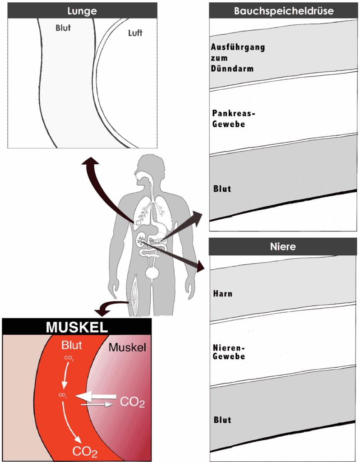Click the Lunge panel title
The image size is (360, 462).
tap(83, 10)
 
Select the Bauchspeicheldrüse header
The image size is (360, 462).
tap(284, 11)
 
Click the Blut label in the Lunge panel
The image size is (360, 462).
tap(63, 28)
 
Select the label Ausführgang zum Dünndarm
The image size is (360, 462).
tap(231, 58)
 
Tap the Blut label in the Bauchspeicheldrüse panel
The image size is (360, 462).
tap(222, 189)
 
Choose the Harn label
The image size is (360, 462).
tap(223, 294)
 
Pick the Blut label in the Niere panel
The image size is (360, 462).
tap(222, 420)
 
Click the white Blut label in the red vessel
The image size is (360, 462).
tap(72, 346)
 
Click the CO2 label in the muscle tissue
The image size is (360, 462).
tap(132, 402)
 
